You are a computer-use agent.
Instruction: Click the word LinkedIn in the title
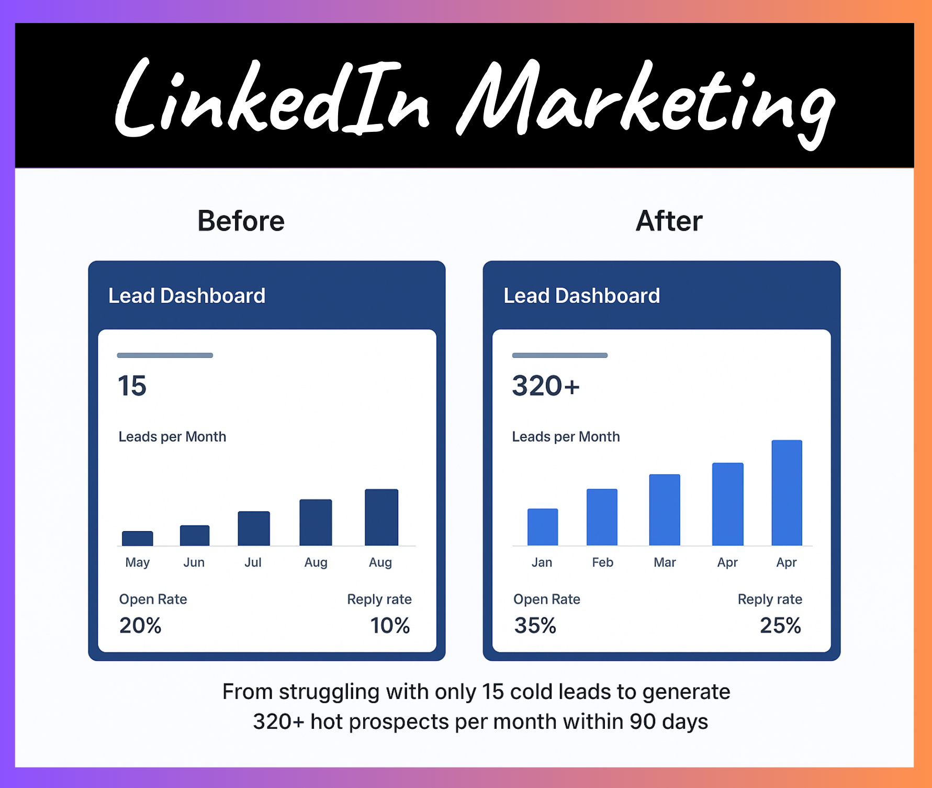272,99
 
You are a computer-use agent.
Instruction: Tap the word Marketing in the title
646,102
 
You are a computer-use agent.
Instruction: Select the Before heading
241,221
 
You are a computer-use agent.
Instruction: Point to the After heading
669,221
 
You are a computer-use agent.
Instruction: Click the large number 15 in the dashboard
132,386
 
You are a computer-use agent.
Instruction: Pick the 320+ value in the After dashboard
546,386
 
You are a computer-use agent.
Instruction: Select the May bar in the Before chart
138,538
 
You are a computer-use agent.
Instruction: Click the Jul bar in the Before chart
254,528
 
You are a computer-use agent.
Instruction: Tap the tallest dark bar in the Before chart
381,517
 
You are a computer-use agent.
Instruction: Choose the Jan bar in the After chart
543,527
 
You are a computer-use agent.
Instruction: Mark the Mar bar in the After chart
665,510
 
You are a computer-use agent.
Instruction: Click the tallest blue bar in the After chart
787,493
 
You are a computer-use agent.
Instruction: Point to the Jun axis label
194,562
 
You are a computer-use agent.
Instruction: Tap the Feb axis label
602,562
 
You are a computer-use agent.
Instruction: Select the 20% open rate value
140,626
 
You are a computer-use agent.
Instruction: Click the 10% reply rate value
390,626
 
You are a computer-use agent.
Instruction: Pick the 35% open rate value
535,626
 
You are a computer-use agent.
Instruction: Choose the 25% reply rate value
780,626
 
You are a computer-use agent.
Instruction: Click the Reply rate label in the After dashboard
770,600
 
